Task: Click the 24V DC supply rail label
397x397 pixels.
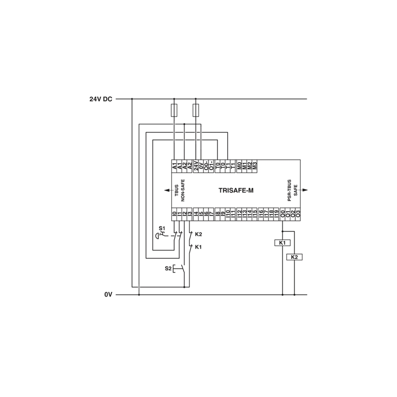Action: coord(101,99)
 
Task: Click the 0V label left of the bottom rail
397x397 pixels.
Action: coord(108,295)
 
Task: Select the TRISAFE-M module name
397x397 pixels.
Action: coord(236,191)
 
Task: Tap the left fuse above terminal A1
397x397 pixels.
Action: coord(174,110)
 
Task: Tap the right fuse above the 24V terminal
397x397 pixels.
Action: coord(196,110)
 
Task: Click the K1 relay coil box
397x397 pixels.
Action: coord(282,243)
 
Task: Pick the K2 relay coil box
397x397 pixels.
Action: coord(294,257)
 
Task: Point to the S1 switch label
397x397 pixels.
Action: coord(162,228)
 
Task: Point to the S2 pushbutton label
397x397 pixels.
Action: coord(168,268)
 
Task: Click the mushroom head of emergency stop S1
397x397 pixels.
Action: coord(157,236)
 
